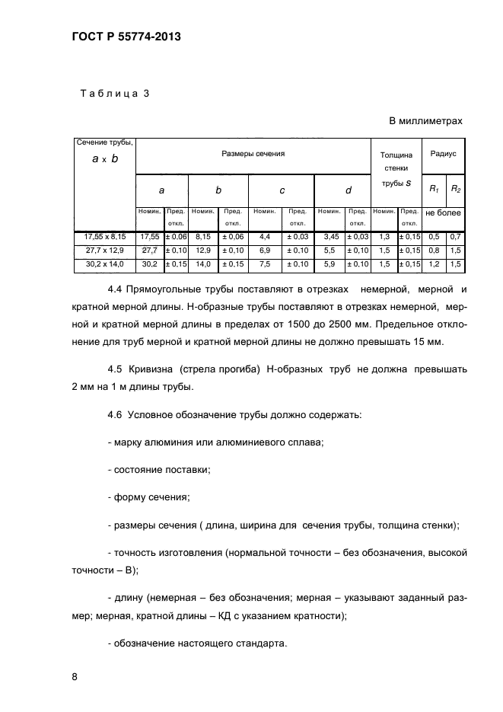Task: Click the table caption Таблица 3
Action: coord(115,94)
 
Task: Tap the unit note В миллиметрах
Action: coord(425,120)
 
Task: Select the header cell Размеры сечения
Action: coord(253,154)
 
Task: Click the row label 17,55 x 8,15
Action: coord(103,238)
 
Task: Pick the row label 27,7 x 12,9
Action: coord(103,251)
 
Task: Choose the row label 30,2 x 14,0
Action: coord(103,263)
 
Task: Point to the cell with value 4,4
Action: coord(264,238)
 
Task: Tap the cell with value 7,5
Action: coord(264,263)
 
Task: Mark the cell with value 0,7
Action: coord(455,238)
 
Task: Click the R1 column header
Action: coord(432,188)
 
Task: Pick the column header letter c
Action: coord(282,191)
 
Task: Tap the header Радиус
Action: coord(443,153)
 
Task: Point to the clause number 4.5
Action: coord(115,369)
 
